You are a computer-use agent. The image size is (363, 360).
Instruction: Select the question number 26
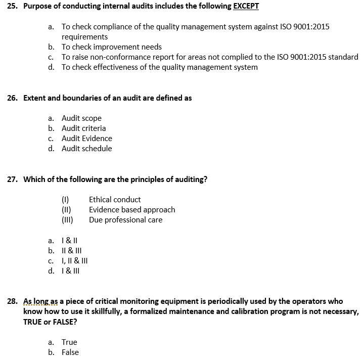[12, 98]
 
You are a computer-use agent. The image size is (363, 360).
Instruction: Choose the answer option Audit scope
[81, 118]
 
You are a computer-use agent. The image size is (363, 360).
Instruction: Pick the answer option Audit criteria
[83, 128]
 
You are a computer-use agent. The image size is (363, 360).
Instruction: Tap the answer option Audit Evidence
[86, 139]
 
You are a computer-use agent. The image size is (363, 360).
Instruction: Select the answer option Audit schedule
[86, 149]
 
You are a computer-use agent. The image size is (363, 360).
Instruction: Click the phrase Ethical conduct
[115, 200]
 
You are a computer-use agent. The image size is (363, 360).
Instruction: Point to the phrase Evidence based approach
[132, 210]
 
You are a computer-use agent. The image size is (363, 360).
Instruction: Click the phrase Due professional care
[125, 220]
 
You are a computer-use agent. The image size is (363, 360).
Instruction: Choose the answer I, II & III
[74, 261]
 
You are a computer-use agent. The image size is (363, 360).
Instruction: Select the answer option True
[69, 342]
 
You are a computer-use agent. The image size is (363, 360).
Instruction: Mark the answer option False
[70, 352]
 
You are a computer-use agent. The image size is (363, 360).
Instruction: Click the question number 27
[12, 179]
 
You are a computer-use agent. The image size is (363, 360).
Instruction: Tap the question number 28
[12, 301]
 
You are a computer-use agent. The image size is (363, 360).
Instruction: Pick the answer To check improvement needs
[111, 47]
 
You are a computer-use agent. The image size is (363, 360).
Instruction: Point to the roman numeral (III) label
[67, 220]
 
